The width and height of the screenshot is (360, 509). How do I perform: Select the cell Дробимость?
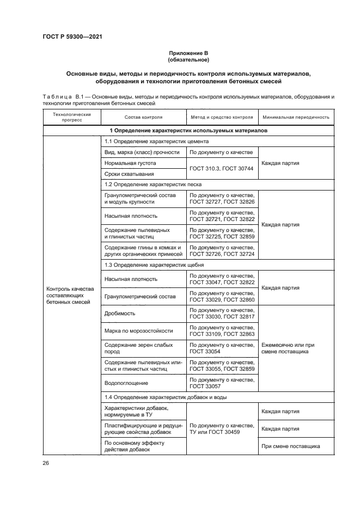(120, 314)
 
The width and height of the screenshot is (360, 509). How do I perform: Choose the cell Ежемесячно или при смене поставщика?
(288, 348)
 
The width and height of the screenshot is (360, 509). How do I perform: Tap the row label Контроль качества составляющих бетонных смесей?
(71, 295)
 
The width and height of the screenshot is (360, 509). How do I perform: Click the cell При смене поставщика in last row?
(290, 446)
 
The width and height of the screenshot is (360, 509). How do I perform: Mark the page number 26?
(46, 463)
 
